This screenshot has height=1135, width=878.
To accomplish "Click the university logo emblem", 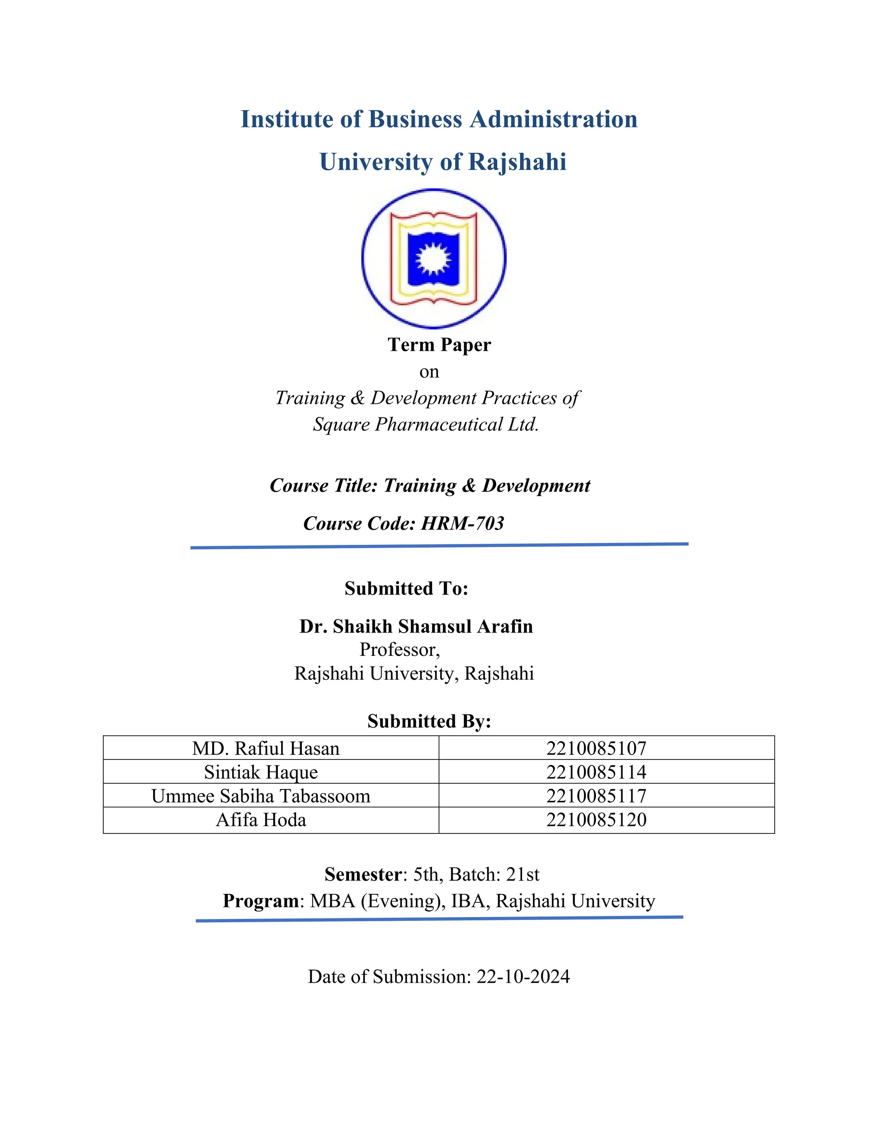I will tap(433, 258).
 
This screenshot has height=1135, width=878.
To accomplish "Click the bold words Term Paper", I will tap(439, 344).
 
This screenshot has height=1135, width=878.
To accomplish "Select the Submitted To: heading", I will tap(406, 588).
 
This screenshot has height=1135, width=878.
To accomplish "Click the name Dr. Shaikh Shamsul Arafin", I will tap(416, 626).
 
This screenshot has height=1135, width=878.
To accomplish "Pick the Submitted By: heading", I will tap(429, 721).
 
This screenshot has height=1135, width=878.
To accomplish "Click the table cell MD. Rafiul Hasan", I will tap(266, 748).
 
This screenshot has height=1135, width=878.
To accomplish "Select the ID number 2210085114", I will tap(596, 772).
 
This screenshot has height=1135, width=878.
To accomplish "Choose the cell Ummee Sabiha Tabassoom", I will tap(261, 796).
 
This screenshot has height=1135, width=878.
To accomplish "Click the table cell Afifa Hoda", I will tap(261, 820).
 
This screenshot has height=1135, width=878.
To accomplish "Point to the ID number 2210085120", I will tap(596, 820).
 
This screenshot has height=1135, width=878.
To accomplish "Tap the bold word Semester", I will tap(363, 875).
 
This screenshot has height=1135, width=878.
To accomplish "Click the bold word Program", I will tap(261, 901).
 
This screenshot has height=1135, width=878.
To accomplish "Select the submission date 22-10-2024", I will tap(523, 977).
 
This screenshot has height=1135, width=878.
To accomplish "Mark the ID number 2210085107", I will tap(596, 748).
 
